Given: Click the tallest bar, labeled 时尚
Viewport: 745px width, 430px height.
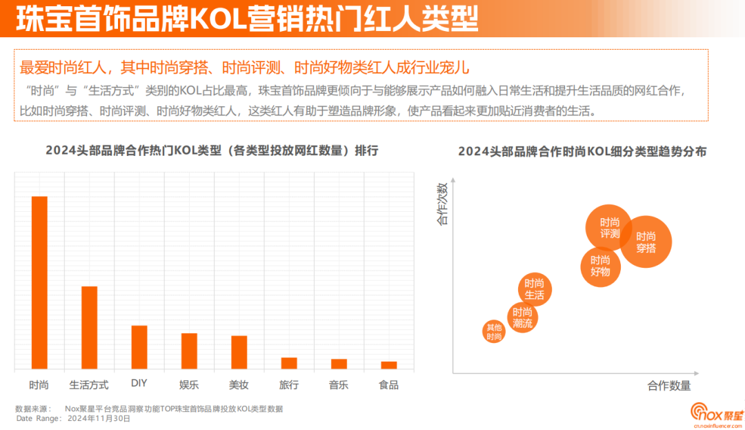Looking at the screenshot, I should coord(39,283).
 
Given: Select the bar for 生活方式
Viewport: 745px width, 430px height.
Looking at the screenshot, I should coord(90,328).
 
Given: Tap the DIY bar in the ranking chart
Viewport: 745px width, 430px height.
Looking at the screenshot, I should coord(139,347).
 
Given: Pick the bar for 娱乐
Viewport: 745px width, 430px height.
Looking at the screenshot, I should coord(189,351).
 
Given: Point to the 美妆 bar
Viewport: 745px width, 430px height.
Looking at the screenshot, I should coord(239,353).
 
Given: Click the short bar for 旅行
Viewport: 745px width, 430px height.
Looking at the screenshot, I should coord(289,363).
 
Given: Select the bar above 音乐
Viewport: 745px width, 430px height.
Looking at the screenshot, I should coord(339,364).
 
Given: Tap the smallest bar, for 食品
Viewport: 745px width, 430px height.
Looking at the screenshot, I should coord(388,365).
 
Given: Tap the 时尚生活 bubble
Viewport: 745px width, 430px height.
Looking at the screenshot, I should coord(534,289).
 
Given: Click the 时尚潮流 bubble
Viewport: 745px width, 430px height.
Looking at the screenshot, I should coord(521,318).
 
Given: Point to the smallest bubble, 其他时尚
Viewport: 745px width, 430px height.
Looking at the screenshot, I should coord(494,332).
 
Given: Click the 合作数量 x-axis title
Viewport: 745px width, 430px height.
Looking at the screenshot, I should coord(668,386).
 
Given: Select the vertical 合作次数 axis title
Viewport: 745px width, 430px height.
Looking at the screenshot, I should coord(442,203).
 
